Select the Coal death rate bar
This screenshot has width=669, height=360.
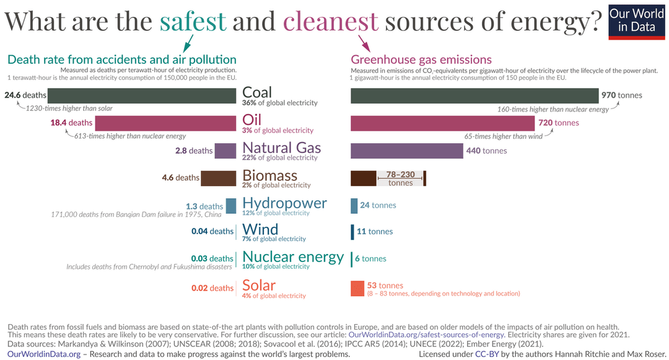pyautogui.click(x=142, y=95)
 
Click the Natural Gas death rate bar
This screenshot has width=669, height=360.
pyautogui.click(x=225, y=151)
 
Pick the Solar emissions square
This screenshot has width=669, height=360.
pyautogui.click(x=357, y=288)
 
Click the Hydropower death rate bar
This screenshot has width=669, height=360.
pyautogui.click(x=231, y=206)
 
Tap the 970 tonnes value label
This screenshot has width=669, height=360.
pyautogui.click(x=621, y=95)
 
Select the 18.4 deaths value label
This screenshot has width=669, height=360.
pyautogui.click(x=71, y=123)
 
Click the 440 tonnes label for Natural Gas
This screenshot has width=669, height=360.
pyautogui.click(x=486, y=151)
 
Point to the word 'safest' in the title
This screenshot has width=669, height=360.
pyautogui.click(x=193, y=22)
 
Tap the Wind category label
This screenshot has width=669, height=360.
pyautogui.click(x=260, y=229)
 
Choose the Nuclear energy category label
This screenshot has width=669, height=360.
pyautogui.click(x=293, y=257)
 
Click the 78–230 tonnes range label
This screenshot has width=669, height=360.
pyautogui.click(x=400, y=178)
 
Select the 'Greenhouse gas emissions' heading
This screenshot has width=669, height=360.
pyautogui.click(x=421, y=59)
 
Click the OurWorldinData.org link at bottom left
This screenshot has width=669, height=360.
pyautogui.click(x=44, y=354)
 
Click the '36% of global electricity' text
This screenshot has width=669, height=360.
pyautogui.click(x=279, y=103)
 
